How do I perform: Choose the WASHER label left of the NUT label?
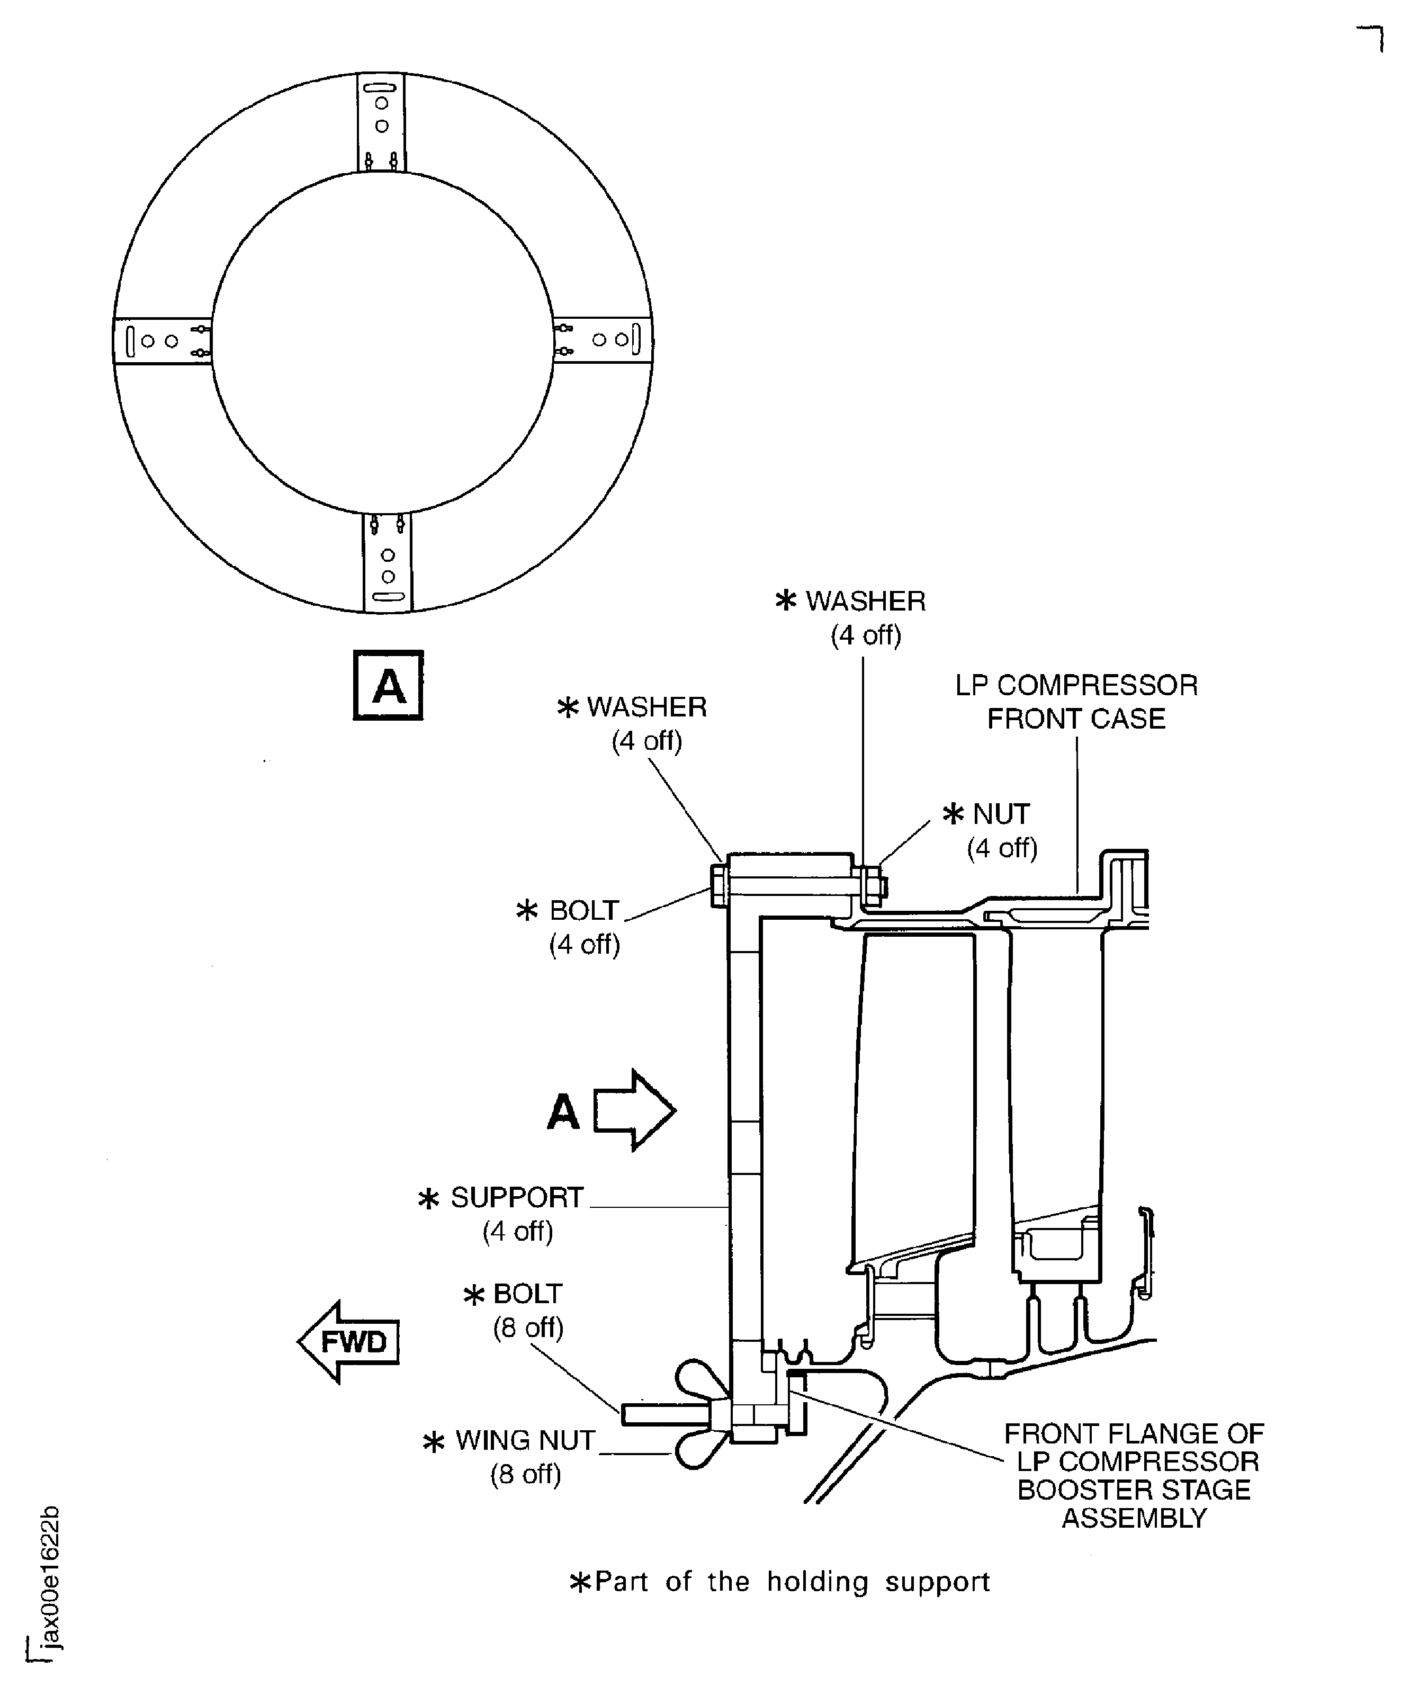tap(633, 723)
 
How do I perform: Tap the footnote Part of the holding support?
tap(780, 1582)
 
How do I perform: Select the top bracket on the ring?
tap(381, 122)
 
